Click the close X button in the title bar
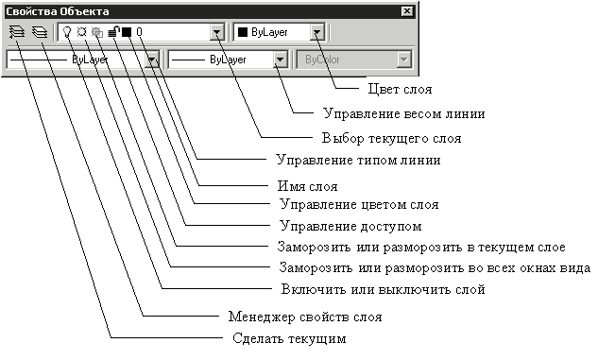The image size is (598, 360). tap(407, 11)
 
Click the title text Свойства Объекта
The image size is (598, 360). tap(58, 11)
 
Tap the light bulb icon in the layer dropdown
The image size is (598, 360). tap(67, 32)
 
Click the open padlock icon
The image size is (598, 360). tap(114, 31)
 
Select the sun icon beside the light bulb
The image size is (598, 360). tap(81, 31)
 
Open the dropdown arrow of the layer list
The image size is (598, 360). tap(216, 32)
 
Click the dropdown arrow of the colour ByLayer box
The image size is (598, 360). tap(316, 32)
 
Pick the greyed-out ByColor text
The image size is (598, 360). tap(322, 60)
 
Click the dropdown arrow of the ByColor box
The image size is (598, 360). tap(403, 60)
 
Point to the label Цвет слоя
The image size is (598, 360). tap(400, 89)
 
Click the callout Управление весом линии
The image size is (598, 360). tap(404, 113)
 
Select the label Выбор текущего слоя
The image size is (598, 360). tap(391, 138)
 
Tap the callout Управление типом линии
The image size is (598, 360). tap(358, 160)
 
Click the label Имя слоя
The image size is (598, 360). tap(307, 186)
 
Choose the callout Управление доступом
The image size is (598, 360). tap(350, 226)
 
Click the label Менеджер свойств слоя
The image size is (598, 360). tap(305, 317)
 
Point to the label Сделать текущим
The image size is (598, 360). tap(289, 338)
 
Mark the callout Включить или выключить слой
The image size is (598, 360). tap(383, 289)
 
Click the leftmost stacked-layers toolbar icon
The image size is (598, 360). tap(17, 32)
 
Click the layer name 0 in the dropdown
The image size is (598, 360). tap(139, 32)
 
